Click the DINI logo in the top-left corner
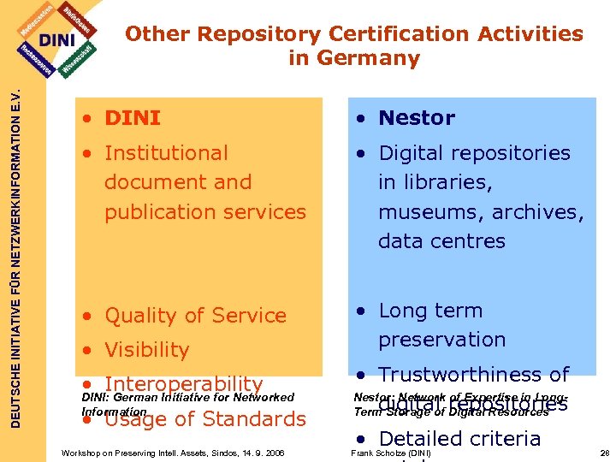click(57, 40)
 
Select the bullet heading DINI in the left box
click(132, 118)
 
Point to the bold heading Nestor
click(417, 118)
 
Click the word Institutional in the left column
click(166, 153)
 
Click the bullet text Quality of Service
click(195, 316)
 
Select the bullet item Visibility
click(146, 350)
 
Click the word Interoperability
click(183, 384)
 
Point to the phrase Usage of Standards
click(204, 419)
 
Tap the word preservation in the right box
click(441, 340)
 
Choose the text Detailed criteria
click(459, 439)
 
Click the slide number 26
click(605, 452)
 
